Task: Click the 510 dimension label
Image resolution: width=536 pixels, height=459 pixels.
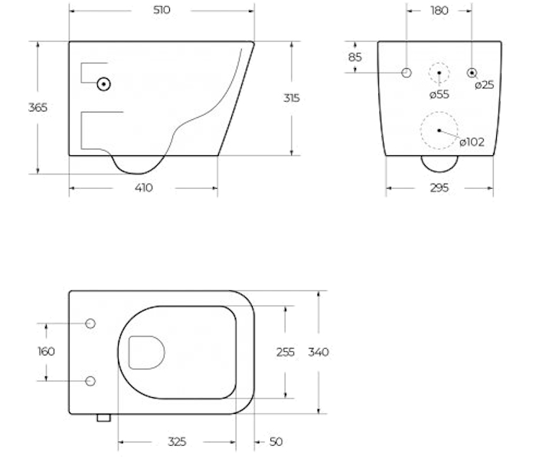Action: pos(162,10)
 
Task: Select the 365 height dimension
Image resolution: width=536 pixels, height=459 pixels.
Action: pos(38,108)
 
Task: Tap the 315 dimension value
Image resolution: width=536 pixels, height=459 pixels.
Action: pos(292,98)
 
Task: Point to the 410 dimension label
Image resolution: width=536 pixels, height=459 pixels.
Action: pos(144,188)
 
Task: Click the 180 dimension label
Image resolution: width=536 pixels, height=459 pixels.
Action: pos(440,11)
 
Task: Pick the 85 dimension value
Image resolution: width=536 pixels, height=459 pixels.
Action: pos(355,57)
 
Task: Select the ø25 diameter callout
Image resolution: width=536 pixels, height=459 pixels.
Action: pos(485,84)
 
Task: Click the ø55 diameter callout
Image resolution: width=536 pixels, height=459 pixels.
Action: pos(440,94)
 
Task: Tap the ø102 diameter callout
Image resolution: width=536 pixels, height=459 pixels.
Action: pos(472,142)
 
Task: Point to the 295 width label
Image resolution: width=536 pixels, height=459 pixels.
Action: pos(440,188)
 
